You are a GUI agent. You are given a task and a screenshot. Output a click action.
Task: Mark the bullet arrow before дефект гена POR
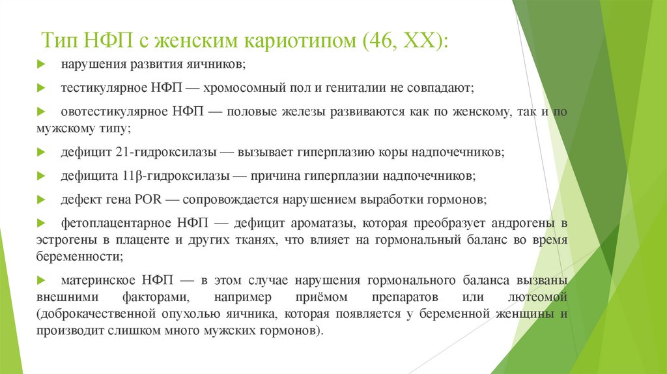click(41, 199)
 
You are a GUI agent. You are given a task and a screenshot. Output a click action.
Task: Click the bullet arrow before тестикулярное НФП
click(41, 87)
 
